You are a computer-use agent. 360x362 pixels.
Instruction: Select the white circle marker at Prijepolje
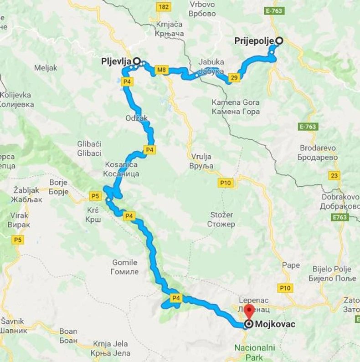pos(279,41)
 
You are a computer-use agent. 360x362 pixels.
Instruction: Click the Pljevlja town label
pos(116,61)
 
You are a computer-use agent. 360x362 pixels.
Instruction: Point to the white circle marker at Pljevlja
pos(136,60)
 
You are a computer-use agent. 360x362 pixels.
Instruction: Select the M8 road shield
pos(161,70)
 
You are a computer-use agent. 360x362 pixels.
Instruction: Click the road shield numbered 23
pos(335,176)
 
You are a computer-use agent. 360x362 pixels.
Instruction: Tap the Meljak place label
pos(46,68)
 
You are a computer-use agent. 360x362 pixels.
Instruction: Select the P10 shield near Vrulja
pos(226,183)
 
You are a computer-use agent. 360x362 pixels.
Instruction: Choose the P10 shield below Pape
pos(285,288)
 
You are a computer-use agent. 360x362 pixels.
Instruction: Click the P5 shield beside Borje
pos(95,196)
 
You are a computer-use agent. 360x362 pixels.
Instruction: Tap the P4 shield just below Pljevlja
pos(128,82)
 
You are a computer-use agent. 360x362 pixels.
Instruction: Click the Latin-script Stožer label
pos(222,214)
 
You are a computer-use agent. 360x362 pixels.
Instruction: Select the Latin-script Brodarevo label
pos(318,148)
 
